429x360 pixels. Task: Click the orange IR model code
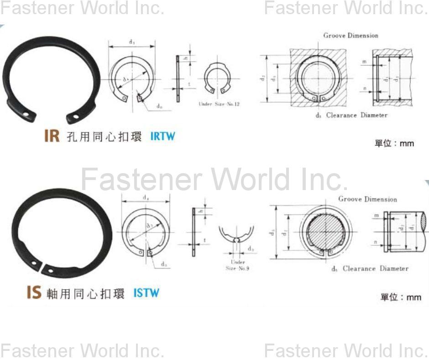(52, 136)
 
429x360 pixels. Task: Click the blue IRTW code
(162, 136)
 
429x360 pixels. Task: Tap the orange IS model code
(34, 292)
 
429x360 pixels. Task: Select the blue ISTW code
(146, 293)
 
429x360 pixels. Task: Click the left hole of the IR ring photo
(27, 114)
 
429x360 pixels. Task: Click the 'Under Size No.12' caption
(219, 104)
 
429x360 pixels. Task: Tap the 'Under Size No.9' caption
(237, 265)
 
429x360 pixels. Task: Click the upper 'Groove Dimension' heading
(351, 35)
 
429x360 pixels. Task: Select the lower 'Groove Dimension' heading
(367, 199)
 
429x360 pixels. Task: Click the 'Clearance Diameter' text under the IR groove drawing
(356, 115)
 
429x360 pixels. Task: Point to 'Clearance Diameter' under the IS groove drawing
(375, 269)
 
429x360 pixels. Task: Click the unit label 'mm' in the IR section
(407, 143)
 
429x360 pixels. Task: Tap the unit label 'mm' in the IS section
(413, 297)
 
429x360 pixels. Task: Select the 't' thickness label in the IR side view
(189, 84)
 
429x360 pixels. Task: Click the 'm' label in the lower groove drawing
(377, 215)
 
